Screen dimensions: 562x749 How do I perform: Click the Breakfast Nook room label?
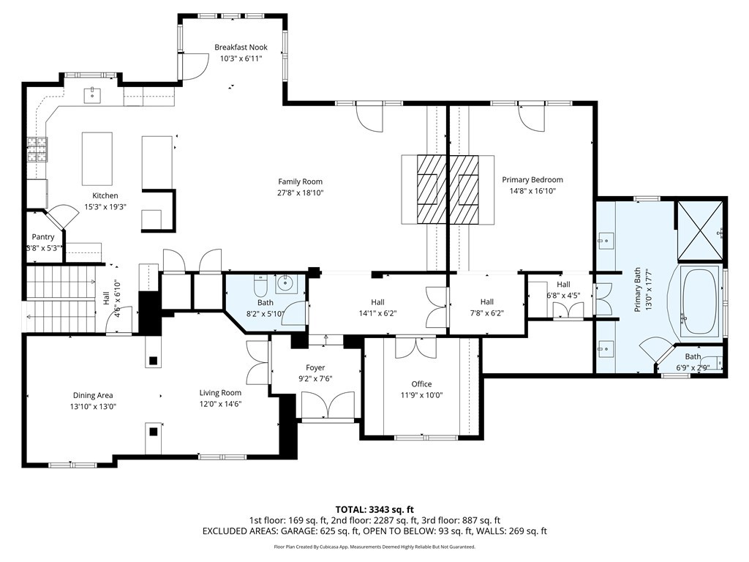[241, 48]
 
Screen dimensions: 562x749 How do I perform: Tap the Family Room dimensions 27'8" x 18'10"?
[300, 193]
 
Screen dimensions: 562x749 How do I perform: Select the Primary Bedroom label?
[532, 180]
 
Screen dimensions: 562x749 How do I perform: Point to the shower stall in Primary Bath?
[700, 230]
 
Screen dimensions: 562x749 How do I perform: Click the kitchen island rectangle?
[97, 158]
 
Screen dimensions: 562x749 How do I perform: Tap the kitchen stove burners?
[37, 149]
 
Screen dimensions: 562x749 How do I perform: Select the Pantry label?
[43, 237]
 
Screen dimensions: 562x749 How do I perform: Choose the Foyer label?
[315, 368]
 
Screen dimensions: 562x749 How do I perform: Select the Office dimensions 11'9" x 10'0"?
[421, 395]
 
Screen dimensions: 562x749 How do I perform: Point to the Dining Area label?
[93, 396]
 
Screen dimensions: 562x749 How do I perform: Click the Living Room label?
[220, 393]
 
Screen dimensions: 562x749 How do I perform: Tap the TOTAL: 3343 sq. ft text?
[374, 509]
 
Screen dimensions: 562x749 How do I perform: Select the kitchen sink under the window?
[93, 94]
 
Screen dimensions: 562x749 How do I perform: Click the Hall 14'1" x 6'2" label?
[377, 302]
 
